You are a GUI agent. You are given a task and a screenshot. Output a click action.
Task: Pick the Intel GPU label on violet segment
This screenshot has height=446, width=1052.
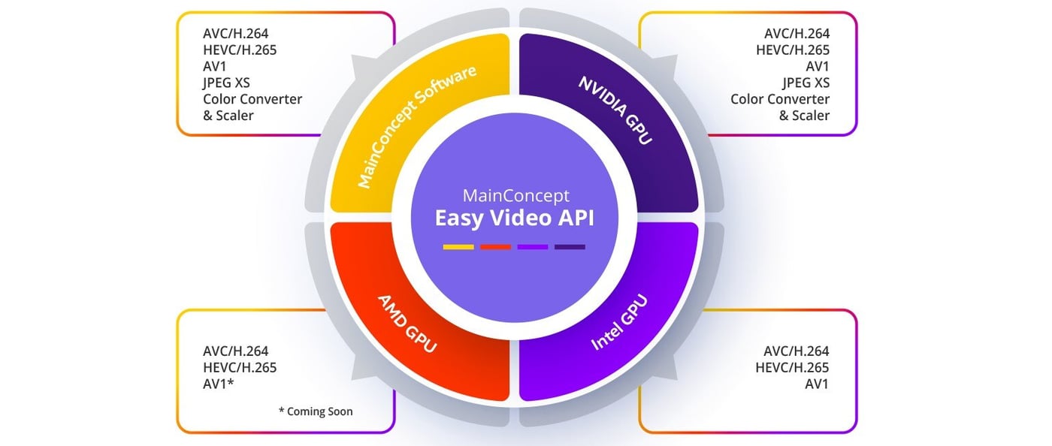pos(619,323)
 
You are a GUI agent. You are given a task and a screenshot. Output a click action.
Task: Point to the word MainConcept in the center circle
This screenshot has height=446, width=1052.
pos(516,196)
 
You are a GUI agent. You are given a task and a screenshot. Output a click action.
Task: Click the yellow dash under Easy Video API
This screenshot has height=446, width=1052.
pos(458,246)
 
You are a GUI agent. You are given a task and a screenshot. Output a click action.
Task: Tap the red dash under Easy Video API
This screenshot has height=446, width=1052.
pos(495,246)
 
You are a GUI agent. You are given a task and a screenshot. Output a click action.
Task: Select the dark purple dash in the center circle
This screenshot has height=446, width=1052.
pos(570,246)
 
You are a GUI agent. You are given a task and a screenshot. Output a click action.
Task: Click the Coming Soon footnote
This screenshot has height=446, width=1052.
pos(315,411)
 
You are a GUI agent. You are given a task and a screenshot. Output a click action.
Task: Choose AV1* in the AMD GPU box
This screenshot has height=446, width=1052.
pos(219,384)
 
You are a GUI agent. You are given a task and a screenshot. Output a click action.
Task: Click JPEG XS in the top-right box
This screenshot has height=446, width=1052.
pos(806,83)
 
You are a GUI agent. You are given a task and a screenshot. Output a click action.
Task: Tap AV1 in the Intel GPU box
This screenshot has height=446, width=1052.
pos(816,384)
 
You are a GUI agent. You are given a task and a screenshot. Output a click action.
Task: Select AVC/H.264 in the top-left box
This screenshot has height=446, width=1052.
pos(235,33)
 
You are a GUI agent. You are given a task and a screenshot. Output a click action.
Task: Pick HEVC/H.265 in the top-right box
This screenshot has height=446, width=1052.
pos(792,50)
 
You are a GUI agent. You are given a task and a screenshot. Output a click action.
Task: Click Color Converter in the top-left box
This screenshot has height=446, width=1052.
pos(252,99)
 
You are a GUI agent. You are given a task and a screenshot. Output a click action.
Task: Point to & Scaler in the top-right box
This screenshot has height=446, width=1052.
pos(804,116)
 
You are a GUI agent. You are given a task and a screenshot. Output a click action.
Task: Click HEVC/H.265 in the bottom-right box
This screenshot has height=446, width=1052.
pos(792,367)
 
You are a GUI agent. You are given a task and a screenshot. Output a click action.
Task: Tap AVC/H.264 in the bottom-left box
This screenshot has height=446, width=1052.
pos(235,351)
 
